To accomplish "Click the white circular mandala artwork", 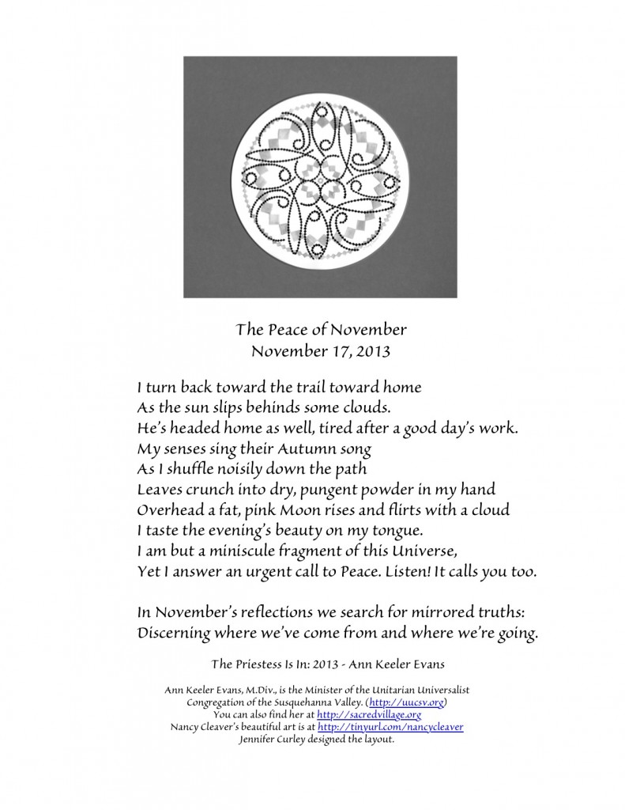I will [320, 177].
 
